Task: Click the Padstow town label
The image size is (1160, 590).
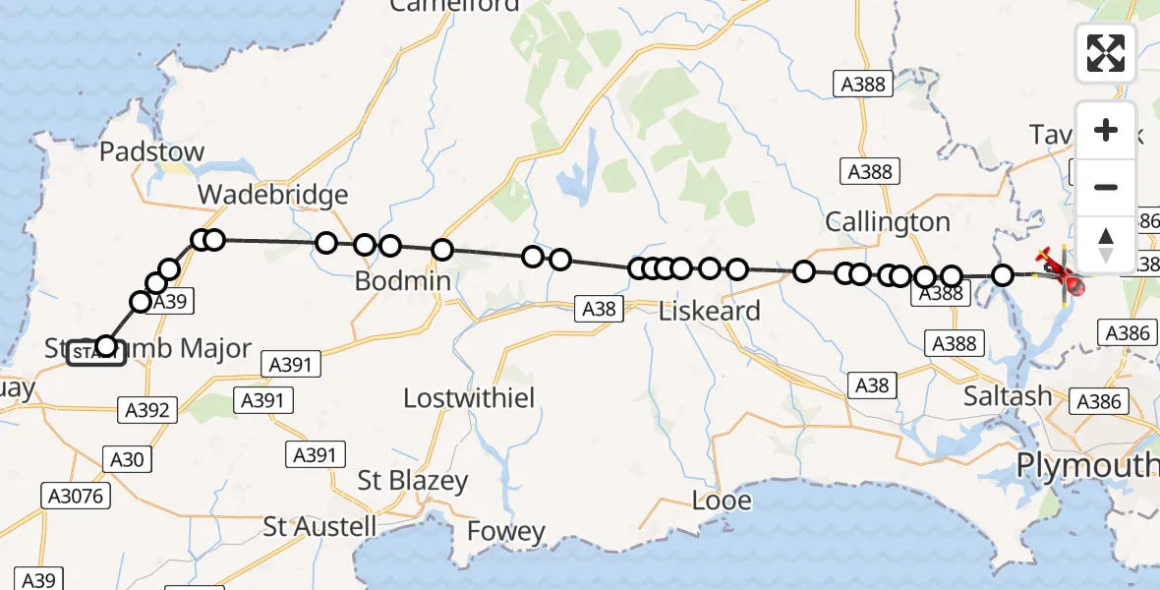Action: (152, 151)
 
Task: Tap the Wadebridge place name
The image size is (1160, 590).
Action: (272, 194)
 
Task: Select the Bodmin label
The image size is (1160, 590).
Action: (403, 281)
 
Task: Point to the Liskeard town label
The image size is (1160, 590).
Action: (709, 311)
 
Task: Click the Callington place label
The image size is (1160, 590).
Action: (888, 221)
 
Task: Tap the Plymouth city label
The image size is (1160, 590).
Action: (1085, 464)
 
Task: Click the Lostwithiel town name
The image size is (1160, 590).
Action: (469, 398)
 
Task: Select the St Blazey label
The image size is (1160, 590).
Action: (412, 482)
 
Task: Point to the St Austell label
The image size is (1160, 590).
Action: (319, 526)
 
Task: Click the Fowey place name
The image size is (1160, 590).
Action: (505, 532)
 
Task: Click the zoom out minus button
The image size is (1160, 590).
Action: (1106, 187)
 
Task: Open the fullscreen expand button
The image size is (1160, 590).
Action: (1106, 53)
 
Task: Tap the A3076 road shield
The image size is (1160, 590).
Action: (75, 496)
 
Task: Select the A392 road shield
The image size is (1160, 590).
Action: (146, 410)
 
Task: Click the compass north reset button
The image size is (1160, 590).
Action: (1106, 244)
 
